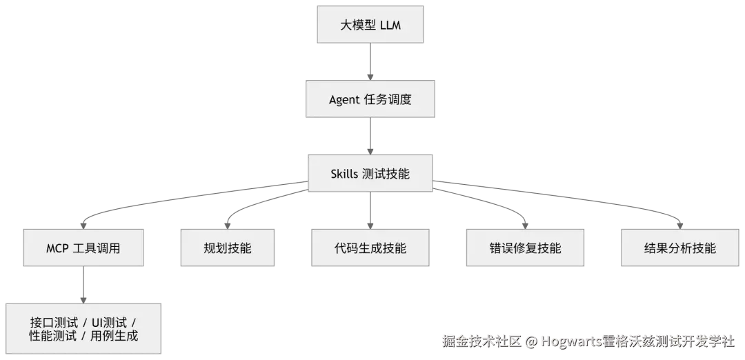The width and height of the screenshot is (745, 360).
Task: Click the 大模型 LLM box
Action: pos(370,26)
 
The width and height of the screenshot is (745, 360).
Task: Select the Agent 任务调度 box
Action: pos(370,99)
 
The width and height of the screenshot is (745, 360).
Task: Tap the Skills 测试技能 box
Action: pos(370,173)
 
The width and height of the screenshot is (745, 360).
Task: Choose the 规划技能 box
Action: pos(228,248)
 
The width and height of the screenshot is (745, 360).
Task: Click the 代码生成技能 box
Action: pos(370,248)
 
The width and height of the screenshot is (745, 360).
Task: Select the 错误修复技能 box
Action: pos(524,248)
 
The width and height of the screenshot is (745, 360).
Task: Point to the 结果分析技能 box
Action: pos(679,248)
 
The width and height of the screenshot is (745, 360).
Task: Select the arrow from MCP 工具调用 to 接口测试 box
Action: pos(84,283)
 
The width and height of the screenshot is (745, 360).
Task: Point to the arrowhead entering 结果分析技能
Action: pos(679,223)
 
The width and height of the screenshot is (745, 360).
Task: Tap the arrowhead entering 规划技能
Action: pos(227,223)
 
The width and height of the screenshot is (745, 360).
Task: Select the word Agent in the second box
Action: pos(344,99)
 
